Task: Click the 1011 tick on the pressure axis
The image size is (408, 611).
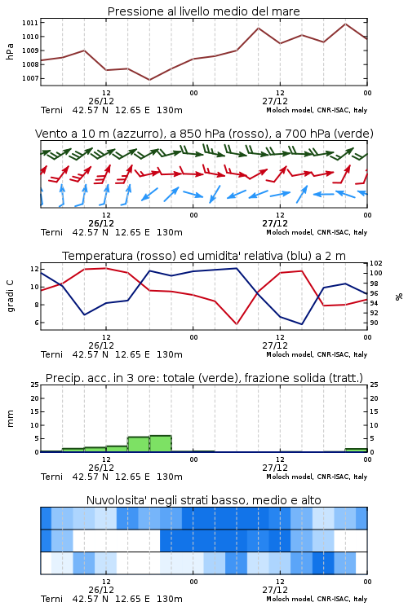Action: pyautogui.click(x=30, y=23)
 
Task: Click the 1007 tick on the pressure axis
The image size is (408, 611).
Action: pyautogui.click(x=30, y=78)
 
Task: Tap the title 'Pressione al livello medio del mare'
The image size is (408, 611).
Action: pyautogui.click(x=204, y=11)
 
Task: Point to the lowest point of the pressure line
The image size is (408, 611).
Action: pyautogui.click(x=149, y=80)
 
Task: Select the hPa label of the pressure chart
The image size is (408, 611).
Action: pyautogui.click(x=10, y=51)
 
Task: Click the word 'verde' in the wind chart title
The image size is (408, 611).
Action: pyautogui.click(x=353, y=134)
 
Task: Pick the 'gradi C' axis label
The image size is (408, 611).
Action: pyautogui.click(x=10, y=297)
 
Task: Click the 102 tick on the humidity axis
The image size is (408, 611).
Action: pyautogui.click(x=376, y=263)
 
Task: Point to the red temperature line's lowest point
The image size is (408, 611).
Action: pyautogui.click(x=237, y=324)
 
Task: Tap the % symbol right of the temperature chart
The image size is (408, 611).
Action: pyautogui.click(x=399, y=297)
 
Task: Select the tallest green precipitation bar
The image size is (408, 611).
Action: pyautogui.click(x=161, y=443)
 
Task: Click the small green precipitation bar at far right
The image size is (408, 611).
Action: pyautogui.click(x=356, y=450)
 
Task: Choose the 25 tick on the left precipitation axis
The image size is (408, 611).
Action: pyautogui.click(x=35, y=385)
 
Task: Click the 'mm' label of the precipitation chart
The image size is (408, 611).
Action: pyautogui.click(x=10, y=419)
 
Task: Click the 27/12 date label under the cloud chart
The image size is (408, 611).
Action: pyautogui.click(x=275, y=590)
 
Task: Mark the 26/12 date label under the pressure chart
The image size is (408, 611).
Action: pyautogui.click(x=101, y=101)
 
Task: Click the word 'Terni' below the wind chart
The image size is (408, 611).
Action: pyautogui.click(x=51, y=233)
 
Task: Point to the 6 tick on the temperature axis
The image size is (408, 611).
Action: pyautogui.click(x=36, y=323)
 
